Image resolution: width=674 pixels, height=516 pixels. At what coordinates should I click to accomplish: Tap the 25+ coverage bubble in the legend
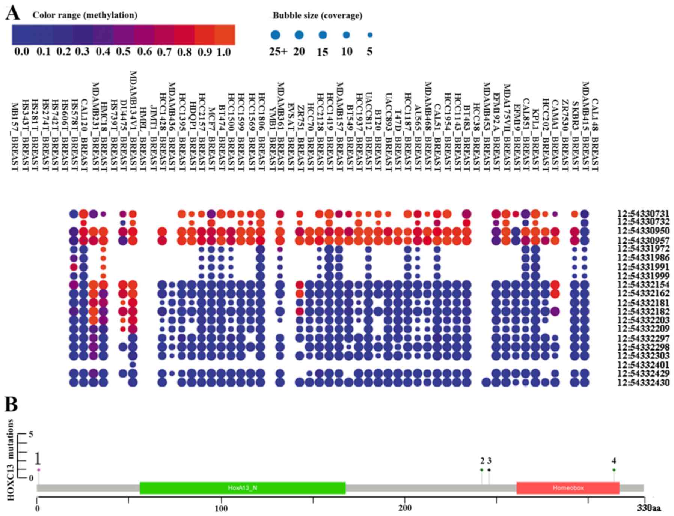[276, 35]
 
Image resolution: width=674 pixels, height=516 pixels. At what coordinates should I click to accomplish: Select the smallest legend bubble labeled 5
[370, 35]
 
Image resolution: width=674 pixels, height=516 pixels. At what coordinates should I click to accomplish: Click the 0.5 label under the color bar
[123, 51]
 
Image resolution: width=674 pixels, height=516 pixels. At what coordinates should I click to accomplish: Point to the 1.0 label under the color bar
[223, 52]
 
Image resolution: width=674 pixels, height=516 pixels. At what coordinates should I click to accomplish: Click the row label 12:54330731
[643, 214]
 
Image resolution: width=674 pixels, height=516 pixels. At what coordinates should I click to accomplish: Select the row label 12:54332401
[643, 365]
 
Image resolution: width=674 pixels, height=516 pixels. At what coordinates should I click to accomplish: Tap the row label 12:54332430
[643, 383]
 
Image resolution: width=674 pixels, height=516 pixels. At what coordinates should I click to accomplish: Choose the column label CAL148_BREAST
[594, 135]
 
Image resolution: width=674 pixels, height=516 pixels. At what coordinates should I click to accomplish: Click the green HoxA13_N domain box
[242, 488]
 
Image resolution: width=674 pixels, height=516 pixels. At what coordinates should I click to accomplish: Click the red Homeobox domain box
[568, 488]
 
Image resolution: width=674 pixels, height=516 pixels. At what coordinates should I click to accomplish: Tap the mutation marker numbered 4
[614, 470]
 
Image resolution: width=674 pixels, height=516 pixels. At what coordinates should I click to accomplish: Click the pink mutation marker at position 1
[39, 470]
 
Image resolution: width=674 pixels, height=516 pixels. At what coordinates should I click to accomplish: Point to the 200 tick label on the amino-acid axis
[405, 508]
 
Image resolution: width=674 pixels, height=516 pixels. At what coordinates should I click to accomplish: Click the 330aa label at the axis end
[649, 508]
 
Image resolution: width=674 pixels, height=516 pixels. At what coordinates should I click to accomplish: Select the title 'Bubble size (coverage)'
[317, 15]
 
